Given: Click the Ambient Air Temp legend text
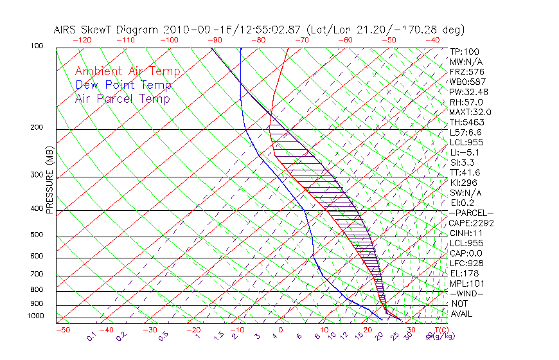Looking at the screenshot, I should click(127, 71).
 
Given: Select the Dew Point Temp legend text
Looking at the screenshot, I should click(123, 85).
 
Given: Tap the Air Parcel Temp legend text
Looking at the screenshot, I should click(122, 98).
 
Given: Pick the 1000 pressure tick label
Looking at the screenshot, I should click(36, 316).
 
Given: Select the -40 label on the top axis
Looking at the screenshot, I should click(432, 40).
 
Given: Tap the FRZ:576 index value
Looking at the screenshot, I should click(466, 72).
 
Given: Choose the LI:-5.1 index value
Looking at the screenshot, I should click(465, 152).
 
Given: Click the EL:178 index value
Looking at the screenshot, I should click(464, 273).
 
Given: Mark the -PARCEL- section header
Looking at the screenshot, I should click(471, 213).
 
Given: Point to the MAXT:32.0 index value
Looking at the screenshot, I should click(470, 112).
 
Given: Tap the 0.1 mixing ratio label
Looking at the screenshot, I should click(91, 336).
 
